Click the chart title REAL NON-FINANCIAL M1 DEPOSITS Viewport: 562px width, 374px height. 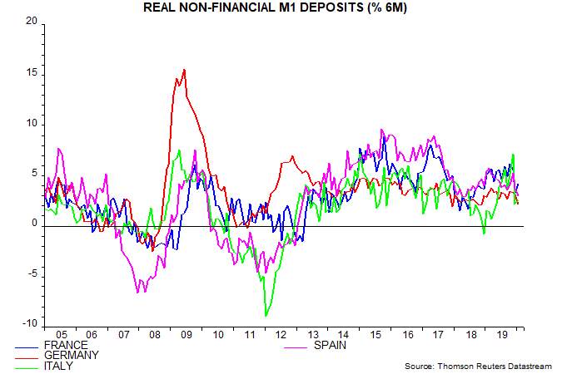point(280,8)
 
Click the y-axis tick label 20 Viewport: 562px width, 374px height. point(32,22)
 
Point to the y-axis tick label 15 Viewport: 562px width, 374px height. point(32,73)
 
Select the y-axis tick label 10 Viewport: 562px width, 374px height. point(32,124)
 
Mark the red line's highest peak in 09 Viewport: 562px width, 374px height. point(184,70)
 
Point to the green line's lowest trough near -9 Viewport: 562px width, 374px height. point(266,316)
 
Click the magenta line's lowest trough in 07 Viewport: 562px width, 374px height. point(138,292)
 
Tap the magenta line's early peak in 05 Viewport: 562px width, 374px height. point(58,149)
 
